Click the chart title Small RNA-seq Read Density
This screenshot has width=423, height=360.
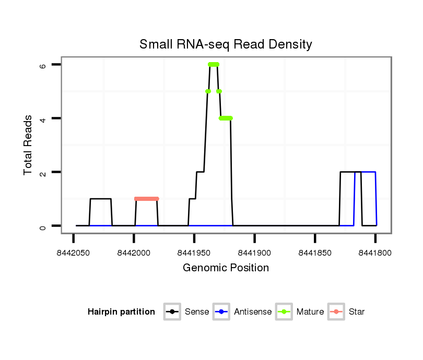pyautogui.click(x=226, y=44)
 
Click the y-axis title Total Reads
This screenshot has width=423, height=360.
pyautogui.click(x=28, y=145)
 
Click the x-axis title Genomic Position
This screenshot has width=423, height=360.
pyautogui.click(x=226, y=268)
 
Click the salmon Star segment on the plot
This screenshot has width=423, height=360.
pyautogui.click(x=146, y=199)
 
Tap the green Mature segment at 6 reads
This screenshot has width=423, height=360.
pyautogui.click(x=213, y=64)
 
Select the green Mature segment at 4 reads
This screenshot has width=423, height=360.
pyautogui.click(x=226, y=118)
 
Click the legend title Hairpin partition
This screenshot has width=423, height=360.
pyautogui.click(x=121, y=312)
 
